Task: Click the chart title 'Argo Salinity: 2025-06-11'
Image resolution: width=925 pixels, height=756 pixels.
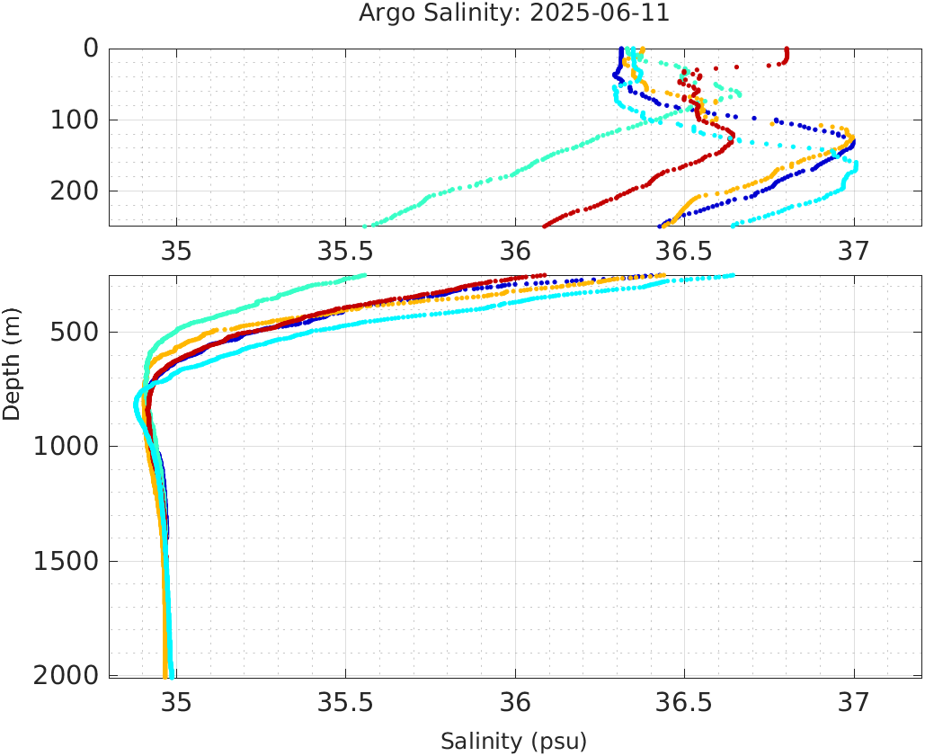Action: point(513,14)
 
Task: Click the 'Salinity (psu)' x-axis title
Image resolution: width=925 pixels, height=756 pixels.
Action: point(513,742)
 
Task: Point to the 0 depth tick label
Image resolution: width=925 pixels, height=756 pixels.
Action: point(91,49)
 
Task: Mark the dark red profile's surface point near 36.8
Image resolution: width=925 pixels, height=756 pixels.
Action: point(787,50)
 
